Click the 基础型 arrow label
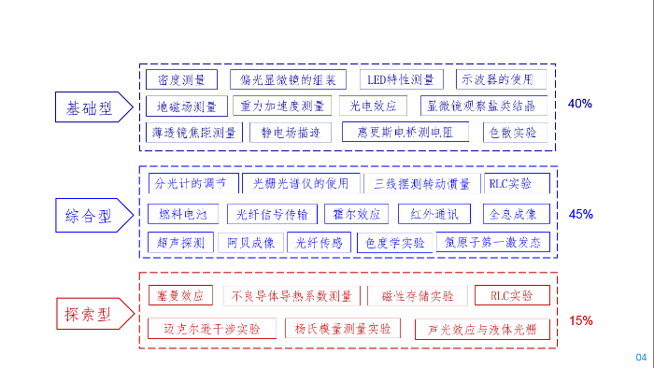[89, 107]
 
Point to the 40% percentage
[580, 104]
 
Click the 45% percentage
[580, 214]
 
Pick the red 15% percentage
[580, 320]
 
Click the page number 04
[641, 358]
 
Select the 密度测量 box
[181, 79]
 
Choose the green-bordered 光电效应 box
[373, 106]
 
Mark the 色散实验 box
[513, 132]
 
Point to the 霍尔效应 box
[356, 214]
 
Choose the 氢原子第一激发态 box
[493, 242]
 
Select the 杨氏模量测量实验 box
[343, 329]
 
